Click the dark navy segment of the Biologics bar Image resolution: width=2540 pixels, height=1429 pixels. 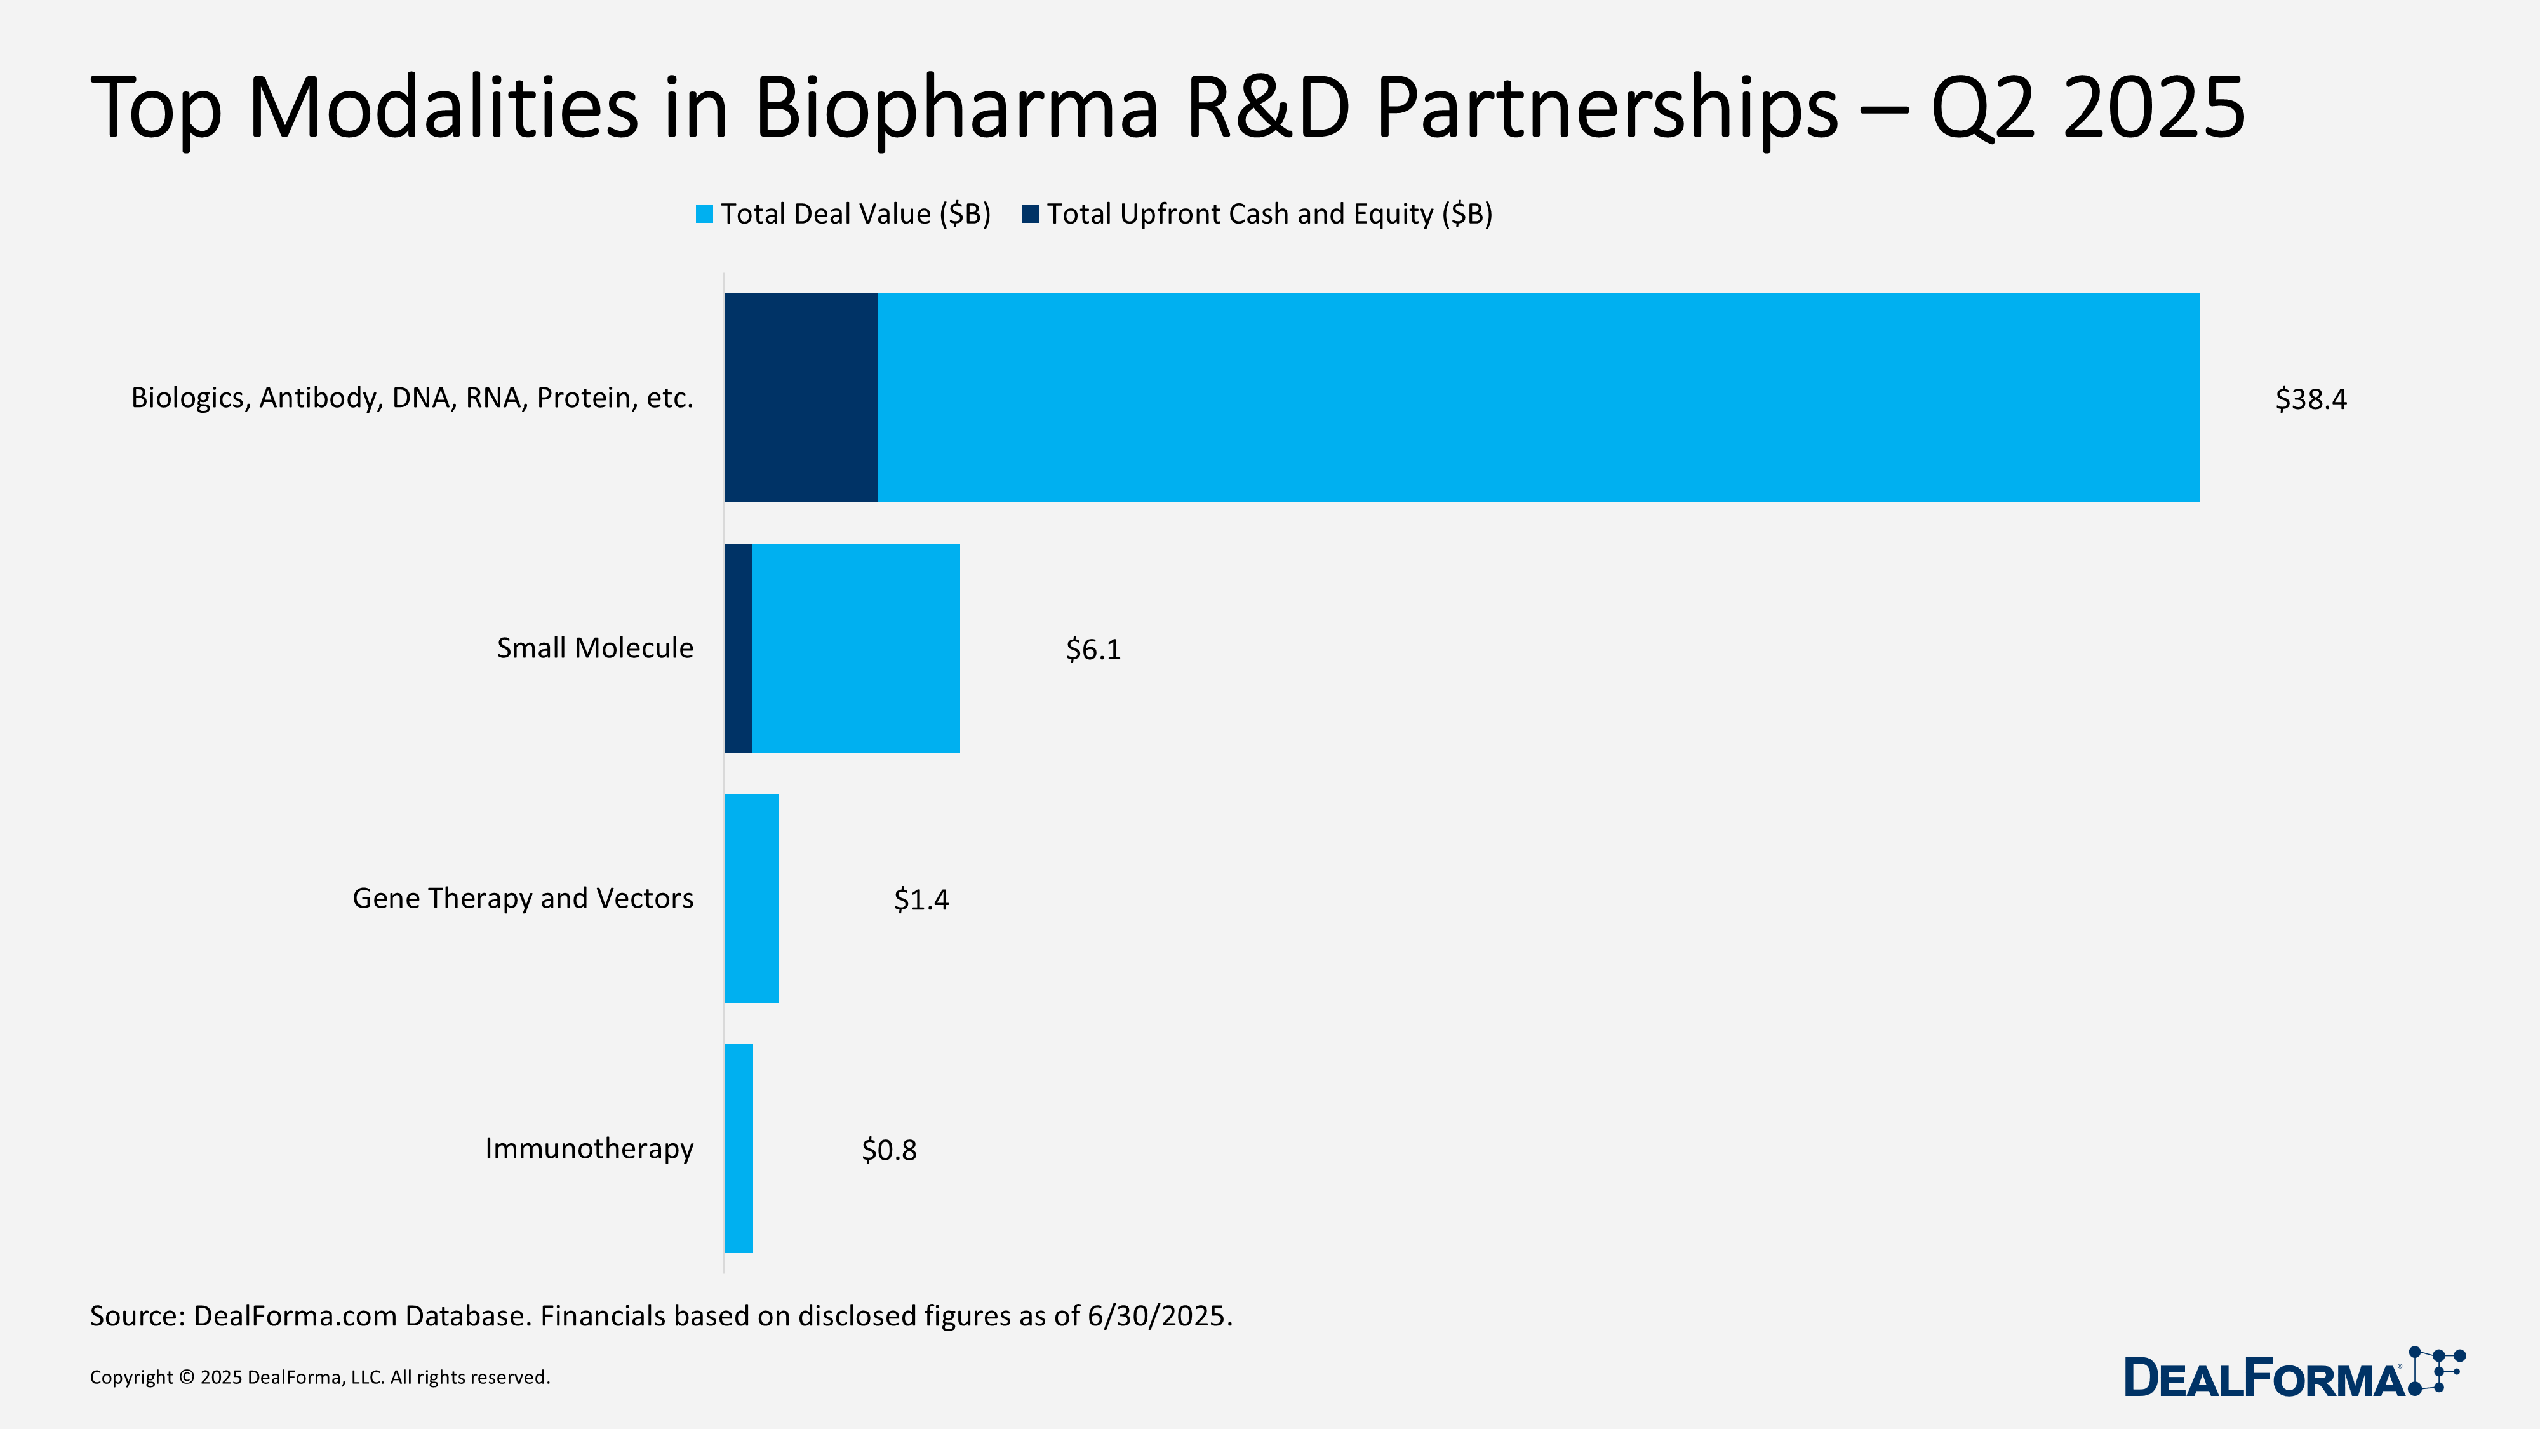point(801,398)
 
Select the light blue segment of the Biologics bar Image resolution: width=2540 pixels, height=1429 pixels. point(1538,398)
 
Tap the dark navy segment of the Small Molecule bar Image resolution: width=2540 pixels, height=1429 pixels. point(737,648)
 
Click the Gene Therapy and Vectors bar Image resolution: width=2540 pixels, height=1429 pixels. point(751,899)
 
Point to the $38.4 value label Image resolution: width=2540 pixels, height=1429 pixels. point(2310,399)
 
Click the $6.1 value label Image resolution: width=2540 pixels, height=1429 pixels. point(1092,650)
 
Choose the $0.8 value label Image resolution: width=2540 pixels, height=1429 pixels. point(888,1151)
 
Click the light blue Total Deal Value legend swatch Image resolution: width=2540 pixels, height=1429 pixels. point(704,214)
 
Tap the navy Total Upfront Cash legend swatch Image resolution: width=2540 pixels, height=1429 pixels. point(1031,214)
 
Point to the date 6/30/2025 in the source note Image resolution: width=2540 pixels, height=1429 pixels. point(1159,1317)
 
